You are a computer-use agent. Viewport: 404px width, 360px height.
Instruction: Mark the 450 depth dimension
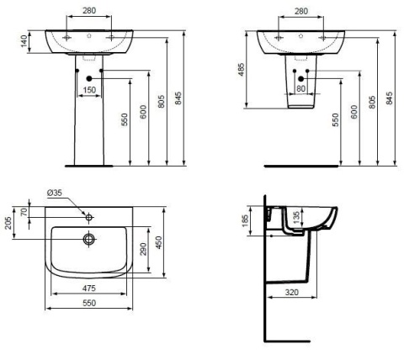[157, 241]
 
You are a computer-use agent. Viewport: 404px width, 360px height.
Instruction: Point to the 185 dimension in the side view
[246, 221]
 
